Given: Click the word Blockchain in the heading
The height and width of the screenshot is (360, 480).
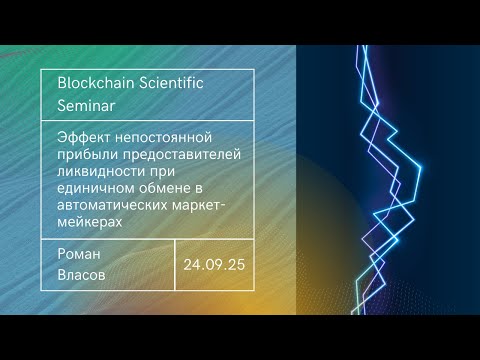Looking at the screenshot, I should click(x=97, y=83).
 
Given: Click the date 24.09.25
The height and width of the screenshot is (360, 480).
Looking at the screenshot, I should click(x=214, y=265).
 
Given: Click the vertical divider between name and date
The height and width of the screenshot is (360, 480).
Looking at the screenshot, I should click(x=175, y=264).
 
